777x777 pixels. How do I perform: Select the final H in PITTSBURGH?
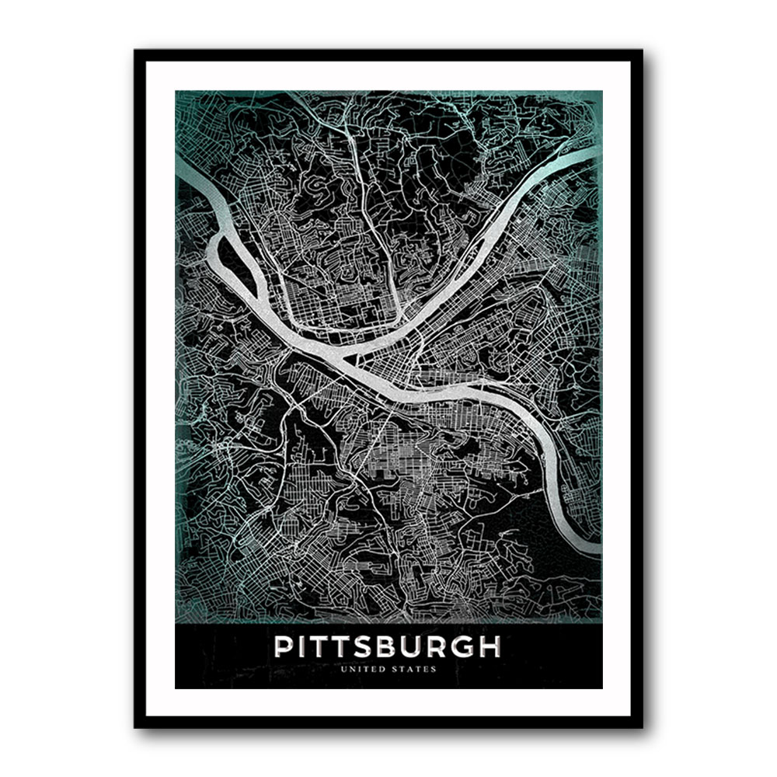(x=490, y=647)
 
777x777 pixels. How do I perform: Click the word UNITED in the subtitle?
(x=369, y=668)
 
